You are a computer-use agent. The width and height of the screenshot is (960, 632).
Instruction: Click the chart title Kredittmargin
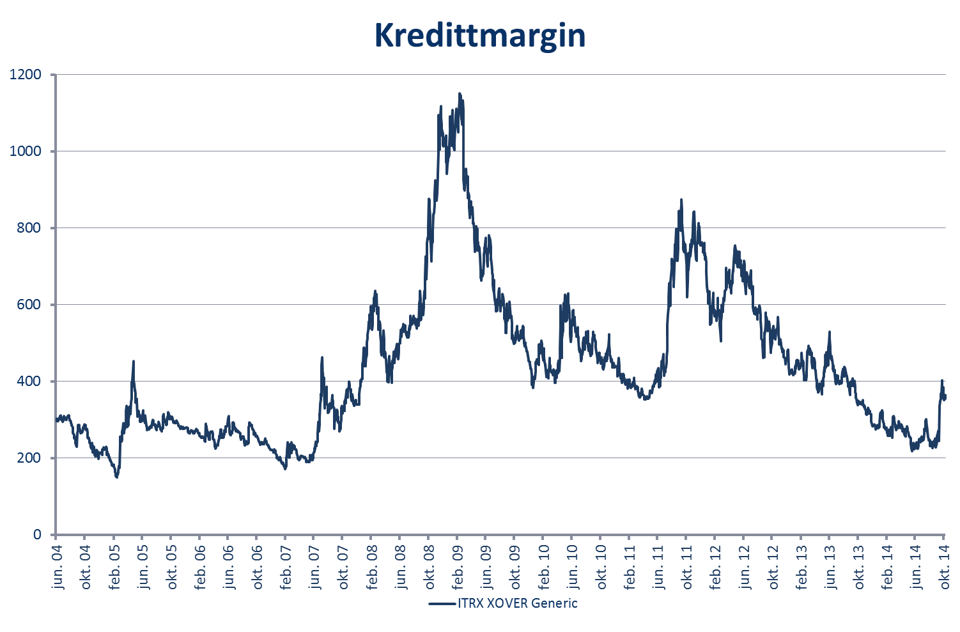pos(479,35)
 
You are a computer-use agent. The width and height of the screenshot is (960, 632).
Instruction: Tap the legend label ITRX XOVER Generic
pos(517,603)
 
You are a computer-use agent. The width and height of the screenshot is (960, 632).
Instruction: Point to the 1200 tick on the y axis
pos(26,75)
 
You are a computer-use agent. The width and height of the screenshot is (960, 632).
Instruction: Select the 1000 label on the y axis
pos(26,151)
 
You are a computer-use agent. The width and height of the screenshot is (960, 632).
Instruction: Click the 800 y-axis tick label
pos(29,228)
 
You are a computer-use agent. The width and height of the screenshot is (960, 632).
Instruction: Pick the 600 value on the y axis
pos(29,305)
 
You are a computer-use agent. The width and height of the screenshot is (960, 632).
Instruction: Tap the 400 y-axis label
pos(29,382)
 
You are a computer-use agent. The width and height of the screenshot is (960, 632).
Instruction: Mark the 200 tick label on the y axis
pos(29,458)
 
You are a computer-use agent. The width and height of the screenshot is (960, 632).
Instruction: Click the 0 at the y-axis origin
pos(37,535)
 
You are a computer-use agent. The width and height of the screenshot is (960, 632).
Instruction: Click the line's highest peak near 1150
pos(459,94)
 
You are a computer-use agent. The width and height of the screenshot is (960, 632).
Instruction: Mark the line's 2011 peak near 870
pos(681,200)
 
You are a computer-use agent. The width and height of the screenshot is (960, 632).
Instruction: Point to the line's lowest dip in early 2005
pos(116,477)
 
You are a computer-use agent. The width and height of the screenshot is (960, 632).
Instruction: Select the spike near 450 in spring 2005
pos(134,361)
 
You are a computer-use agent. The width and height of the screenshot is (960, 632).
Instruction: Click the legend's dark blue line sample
pos(442,603)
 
